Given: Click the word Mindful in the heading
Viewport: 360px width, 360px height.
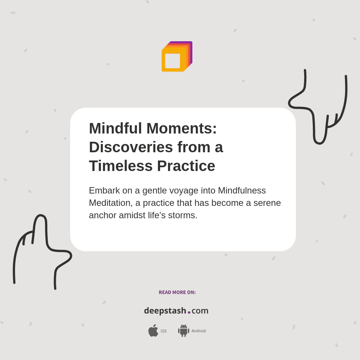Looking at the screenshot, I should click(x=115, y=128).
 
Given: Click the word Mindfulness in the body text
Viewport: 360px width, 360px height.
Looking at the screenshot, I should click(x=242, y=190).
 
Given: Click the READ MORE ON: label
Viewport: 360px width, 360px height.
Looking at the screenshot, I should click(x=177, y=292).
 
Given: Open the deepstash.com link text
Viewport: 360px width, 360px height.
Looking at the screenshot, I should click(x=176, y=311).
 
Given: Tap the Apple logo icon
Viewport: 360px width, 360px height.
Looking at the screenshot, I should click(x=153, y=331).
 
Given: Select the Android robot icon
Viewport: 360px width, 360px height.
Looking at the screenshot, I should click(x=183, y=331).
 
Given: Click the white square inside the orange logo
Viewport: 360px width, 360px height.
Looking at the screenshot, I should click(x=172, y=61).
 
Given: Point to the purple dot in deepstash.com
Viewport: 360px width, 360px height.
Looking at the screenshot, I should click(x=189, y=312).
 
